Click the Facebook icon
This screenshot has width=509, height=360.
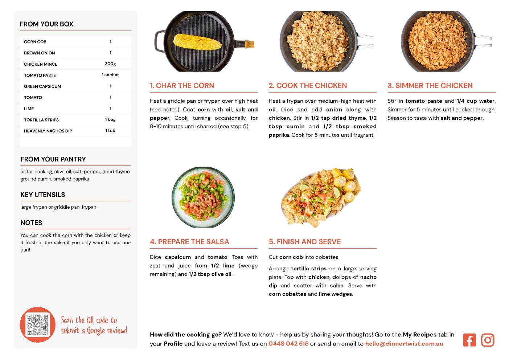point(469,340)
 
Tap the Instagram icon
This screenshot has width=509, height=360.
point(488,340)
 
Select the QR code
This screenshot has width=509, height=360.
point(38,324)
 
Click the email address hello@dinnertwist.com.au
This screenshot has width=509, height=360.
point(404,344)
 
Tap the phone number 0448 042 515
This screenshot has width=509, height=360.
point(288,344)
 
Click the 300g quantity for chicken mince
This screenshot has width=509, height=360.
point(110,64)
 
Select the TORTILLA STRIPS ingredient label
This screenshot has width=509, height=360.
point(41,120)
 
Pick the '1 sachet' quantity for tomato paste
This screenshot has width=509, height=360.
point(110,75)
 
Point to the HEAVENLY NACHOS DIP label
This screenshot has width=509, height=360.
point(48,131)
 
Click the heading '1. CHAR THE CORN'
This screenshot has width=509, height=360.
point(182,85)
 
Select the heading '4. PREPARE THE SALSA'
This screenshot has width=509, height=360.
point(189,242)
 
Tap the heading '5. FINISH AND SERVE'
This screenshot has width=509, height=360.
point(305,242)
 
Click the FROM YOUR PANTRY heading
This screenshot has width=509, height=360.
point(53,159)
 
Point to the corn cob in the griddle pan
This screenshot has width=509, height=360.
point(197,42)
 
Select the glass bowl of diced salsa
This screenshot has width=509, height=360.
point(203,197)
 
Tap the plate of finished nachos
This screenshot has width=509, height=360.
point(321,197)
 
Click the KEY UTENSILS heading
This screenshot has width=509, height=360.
point(43,195)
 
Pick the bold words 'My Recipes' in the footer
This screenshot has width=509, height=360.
point(419,335)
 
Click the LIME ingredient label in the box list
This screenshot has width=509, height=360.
point(29,109)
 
